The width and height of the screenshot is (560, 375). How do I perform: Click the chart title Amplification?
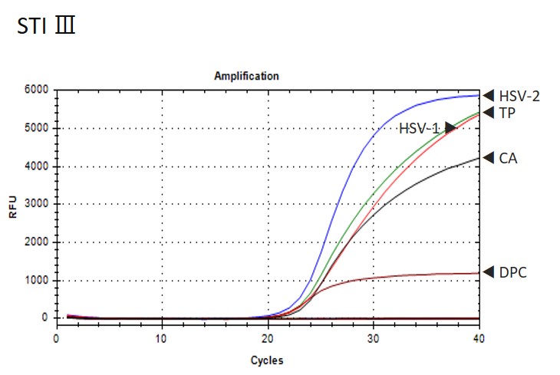245,76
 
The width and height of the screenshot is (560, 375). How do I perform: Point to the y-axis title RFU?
12,204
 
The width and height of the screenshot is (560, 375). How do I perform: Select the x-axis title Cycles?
268,359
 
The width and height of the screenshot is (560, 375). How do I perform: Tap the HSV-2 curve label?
519,96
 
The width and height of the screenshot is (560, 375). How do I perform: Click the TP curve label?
507,113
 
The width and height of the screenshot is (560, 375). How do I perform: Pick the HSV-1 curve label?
419,128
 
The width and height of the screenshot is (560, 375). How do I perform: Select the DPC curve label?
512,271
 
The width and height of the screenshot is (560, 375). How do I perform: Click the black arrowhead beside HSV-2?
488,95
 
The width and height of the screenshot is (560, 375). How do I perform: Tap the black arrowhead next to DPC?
488,271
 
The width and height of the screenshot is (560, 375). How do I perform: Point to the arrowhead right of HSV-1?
450,127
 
